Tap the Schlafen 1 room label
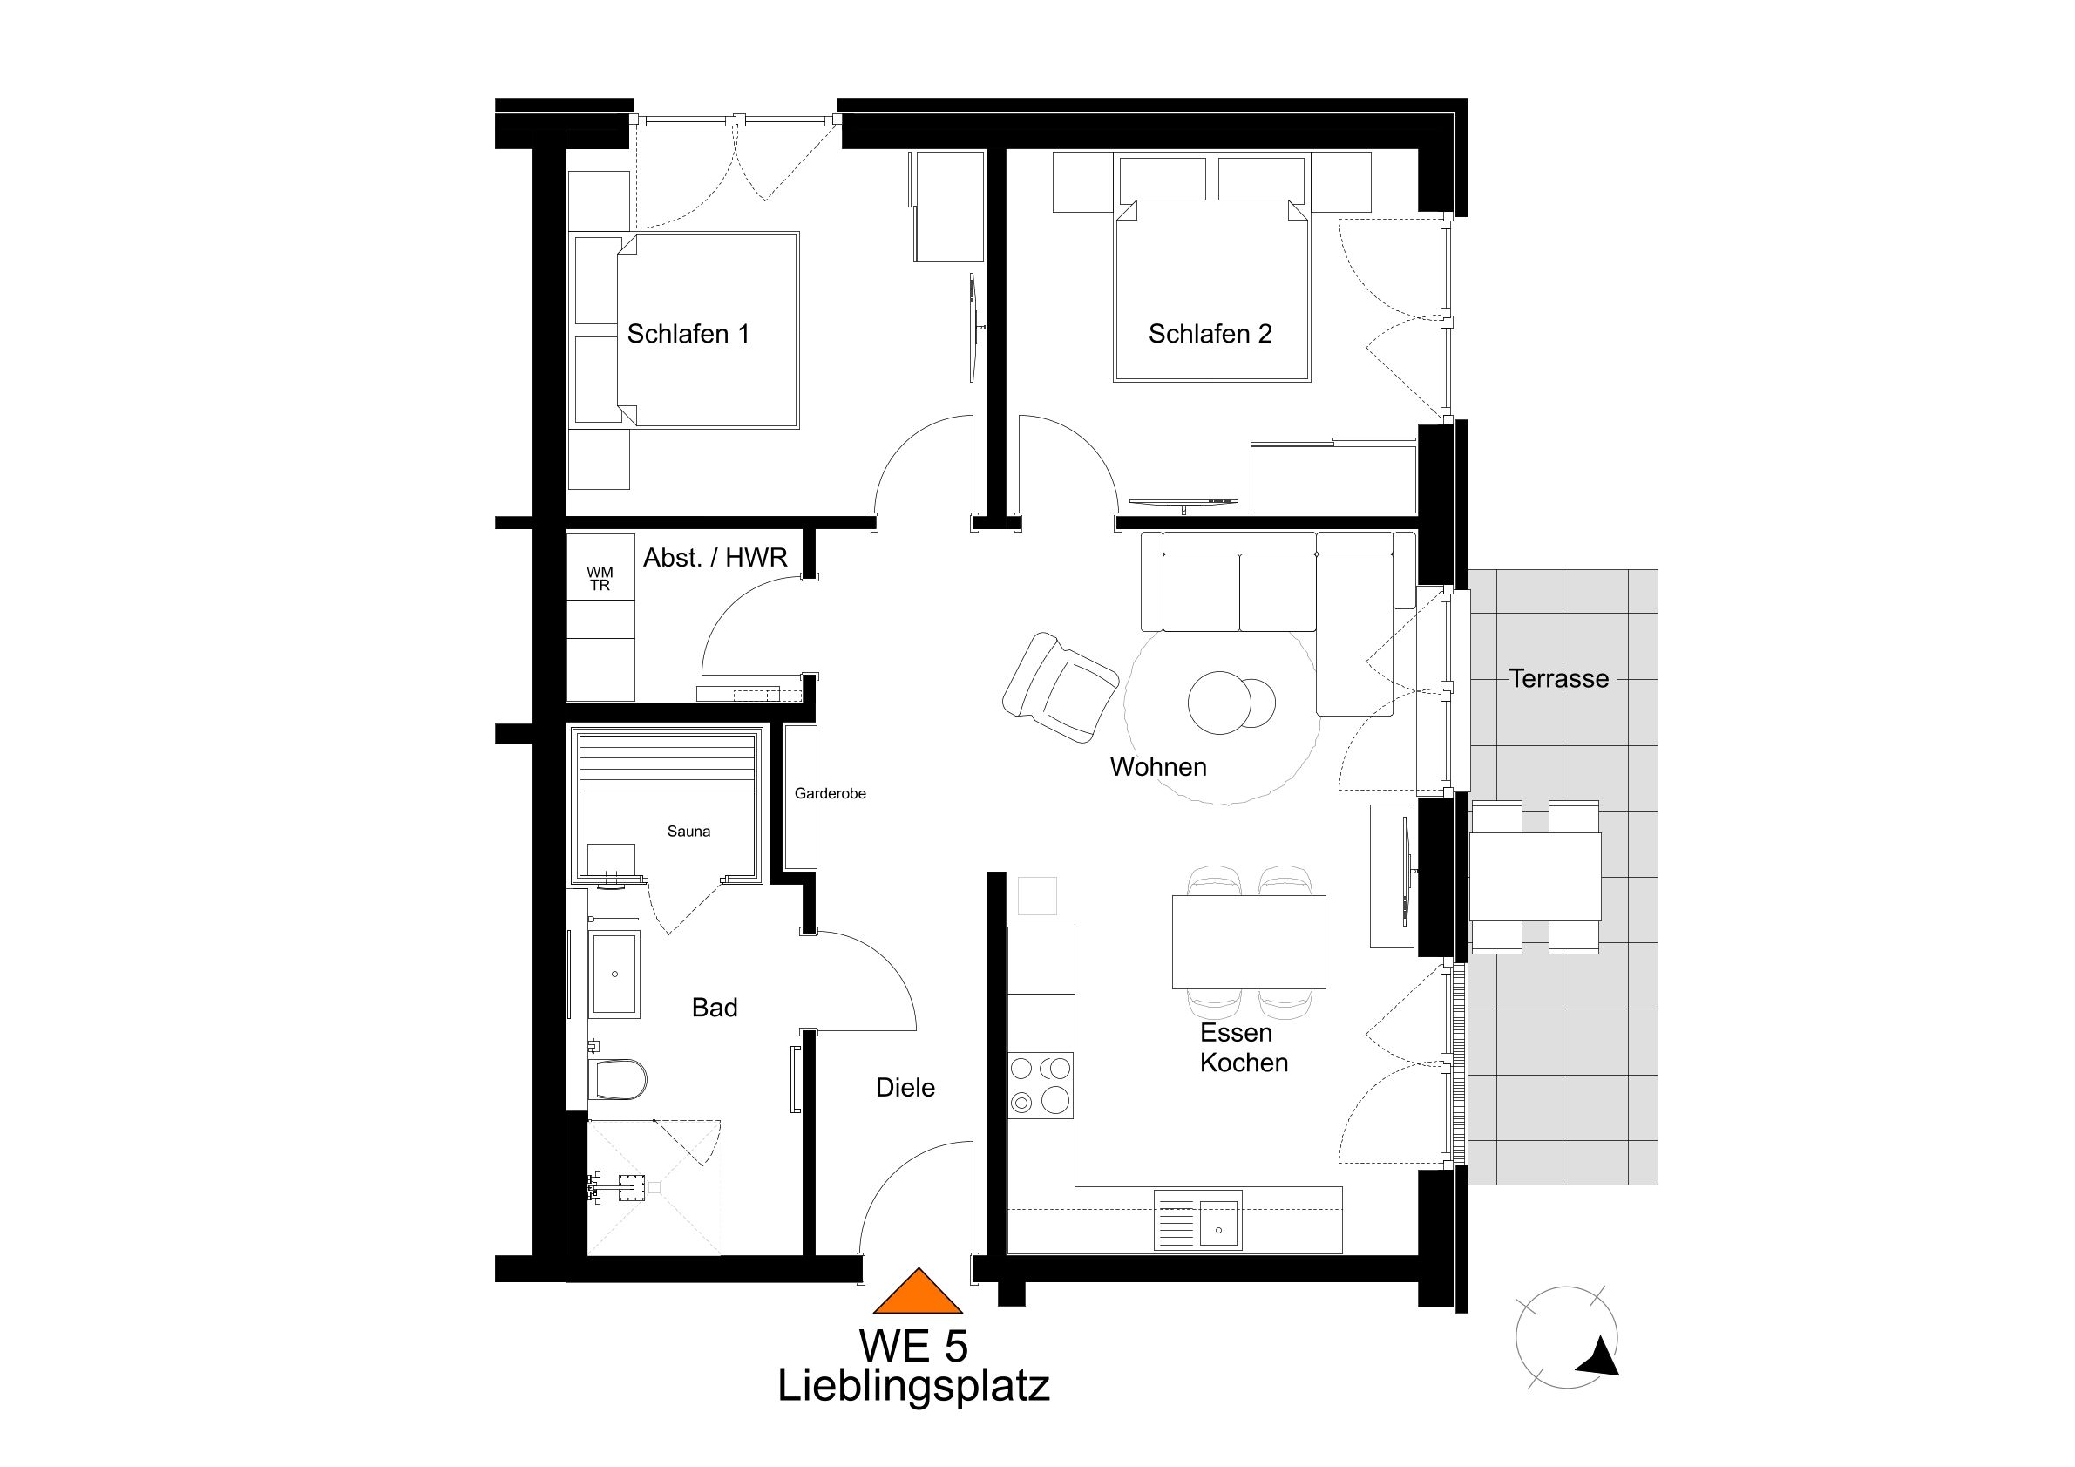coord(688,335)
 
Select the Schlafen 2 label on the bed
coord(1210,335)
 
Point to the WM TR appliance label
coord(600,579)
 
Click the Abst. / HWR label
coord(715,558)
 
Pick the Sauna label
coord(688,832)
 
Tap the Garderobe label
coord(830,793)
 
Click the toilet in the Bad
coord(619,1079)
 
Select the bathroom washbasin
coord(614,974)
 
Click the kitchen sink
coord(1198,1221)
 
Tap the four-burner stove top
coord(1041,1085)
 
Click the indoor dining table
coord(1248,942)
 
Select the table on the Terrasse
coord(1535,877)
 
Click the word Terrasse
coord(1558,679)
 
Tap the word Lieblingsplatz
coord(912,1387)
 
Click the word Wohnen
coord(1157,767)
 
